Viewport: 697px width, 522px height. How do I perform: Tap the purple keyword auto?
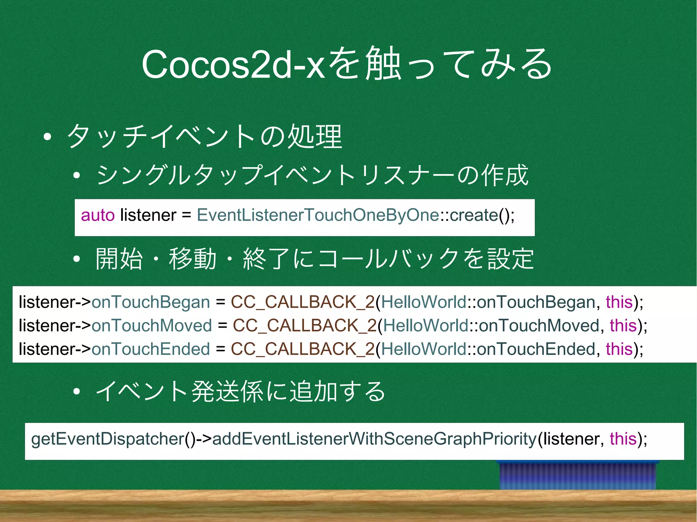[x=98, y=215]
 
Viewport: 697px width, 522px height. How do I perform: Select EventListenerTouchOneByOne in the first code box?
[x=318, y=215]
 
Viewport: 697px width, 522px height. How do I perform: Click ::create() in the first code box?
[x=476, y=215]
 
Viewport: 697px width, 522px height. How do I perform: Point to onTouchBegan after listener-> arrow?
[x=151, y=302]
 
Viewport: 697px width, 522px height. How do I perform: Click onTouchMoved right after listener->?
[x=152, y=326]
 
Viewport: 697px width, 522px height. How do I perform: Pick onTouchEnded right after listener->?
[x=151, y=349]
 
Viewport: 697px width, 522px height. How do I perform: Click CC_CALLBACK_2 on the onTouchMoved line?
[x=305, y=326]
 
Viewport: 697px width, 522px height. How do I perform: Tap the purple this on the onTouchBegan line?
[x=619, y=302]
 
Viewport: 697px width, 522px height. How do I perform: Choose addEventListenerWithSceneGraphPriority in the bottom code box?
[x=374, y=439]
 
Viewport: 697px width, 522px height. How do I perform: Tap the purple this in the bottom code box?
[x=623, y=439]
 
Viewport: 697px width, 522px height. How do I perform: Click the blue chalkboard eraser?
[x=578, y=475]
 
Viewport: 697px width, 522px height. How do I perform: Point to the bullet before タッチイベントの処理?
[x=47, y=137]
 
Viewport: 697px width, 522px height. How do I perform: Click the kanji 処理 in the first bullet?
[x=315, y=137]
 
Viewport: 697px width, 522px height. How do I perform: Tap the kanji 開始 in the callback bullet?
[x=119, y=259]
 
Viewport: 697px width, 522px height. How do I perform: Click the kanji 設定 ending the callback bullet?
[x=510, y=259]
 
